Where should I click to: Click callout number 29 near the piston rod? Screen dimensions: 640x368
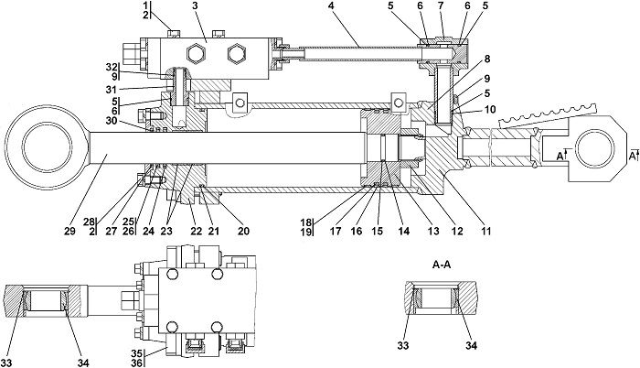coord(69,231)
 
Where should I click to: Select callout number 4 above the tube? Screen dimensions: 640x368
coord(331,6)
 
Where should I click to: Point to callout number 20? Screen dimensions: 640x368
coord(244,231)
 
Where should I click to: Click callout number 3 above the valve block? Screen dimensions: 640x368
coord(196,6)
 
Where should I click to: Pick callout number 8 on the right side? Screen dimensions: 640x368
coord(487,59)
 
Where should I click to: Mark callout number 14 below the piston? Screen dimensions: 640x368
coord(404,231)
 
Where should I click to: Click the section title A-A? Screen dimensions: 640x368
coord(442,265)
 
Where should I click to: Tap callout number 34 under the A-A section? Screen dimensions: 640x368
coord(471,346)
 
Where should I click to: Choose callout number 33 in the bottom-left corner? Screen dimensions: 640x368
coord(6,363)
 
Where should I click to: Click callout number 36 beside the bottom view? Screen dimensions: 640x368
coord(137,362)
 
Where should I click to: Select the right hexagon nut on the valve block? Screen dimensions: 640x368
coord(237,54)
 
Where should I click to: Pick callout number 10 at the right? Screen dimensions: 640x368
coord(490,110)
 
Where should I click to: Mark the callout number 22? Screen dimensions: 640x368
coord(197,231)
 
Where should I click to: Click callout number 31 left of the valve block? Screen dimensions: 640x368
coord(112,89)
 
